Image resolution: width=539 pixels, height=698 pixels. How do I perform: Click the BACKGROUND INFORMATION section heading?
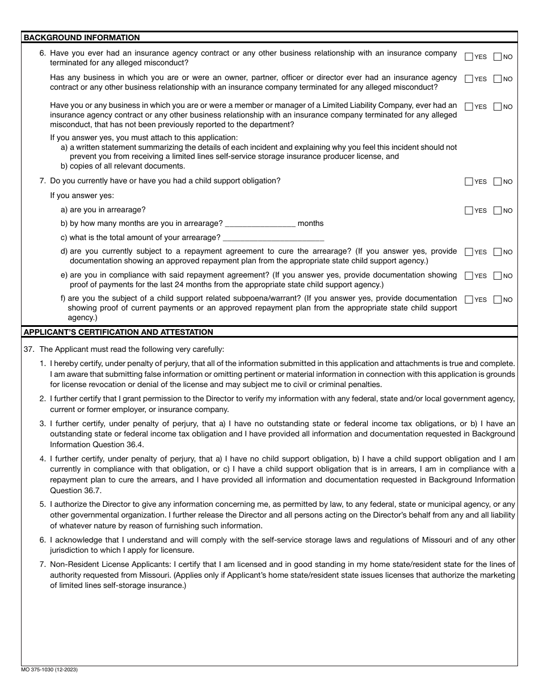[81, 37]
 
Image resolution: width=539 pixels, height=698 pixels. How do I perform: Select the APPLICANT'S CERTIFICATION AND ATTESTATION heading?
[118, 332]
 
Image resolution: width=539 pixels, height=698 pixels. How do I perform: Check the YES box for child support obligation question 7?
[469, 182]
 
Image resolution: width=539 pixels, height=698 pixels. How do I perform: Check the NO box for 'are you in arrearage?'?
[498, 211]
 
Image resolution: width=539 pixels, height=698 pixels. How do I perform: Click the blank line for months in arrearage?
[260, 224]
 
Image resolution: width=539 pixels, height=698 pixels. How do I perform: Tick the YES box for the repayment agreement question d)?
[469, 252]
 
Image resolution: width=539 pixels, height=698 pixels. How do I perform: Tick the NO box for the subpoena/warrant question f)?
[498, 300]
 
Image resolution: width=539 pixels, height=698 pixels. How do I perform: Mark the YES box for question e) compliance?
[469, 276]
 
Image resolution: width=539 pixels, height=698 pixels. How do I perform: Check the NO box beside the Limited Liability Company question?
[498, 107]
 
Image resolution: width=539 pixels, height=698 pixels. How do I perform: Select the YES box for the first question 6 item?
[469, 57]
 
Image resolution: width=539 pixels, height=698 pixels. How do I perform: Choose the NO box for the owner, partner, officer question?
[498, 79]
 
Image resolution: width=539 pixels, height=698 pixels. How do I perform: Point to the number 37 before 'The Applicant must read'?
[28, 349]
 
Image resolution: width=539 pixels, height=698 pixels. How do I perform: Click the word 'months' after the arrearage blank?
[310, 224]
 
